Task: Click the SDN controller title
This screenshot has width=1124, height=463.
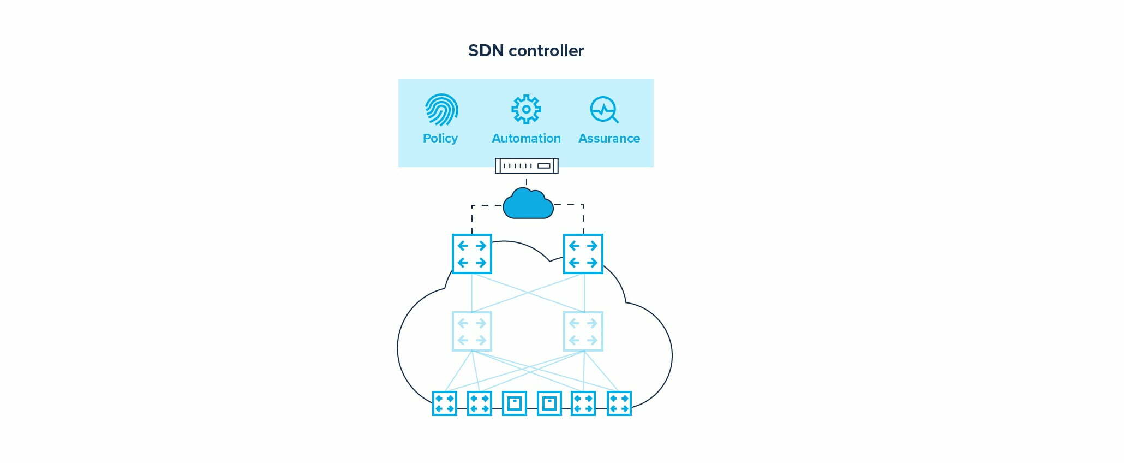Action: pos(526,51)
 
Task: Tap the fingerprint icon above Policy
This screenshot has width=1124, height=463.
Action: pos(441,110)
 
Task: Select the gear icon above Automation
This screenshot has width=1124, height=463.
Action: pos(526,109)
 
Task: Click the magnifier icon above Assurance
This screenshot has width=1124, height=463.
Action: pos(604,110)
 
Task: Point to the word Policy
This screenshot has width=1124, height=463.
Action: pos(440,138)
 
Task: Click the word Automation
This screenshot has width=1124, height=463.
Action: pos(526,138)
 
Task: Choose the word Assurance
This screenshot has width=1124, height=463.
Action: pos(609,138)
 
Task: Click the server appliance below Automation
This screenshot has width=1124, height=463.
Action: pos(526,165)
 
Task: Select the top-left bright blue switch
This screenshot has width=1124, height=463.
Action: pos(472,254)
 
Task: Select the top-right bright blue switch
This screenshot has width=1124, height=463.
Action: pos(583,254)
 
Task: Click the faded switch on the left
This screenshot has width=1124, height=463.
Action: pos(472,331)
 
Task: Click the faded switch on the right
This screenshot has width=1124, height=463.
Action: pos(583,331)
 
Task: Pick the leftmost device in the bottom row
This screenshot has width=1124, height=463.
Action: pos(445,403)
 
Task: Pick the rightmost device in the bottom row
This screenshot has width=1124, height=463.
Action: pos(619,403)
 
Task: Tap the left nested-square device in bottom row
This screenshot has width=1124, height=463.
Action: pos(515,403)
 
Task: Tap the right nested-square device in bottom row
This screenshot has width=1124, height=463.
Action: pos(549,403)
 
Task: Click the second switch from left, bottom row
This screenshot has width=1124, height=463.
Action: pos(480,403)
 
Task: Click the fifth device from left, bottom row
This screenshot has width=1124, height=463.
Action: pos(583,403)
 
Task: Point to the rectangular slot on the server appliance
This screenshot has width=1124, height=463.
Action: pos(544,165)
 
